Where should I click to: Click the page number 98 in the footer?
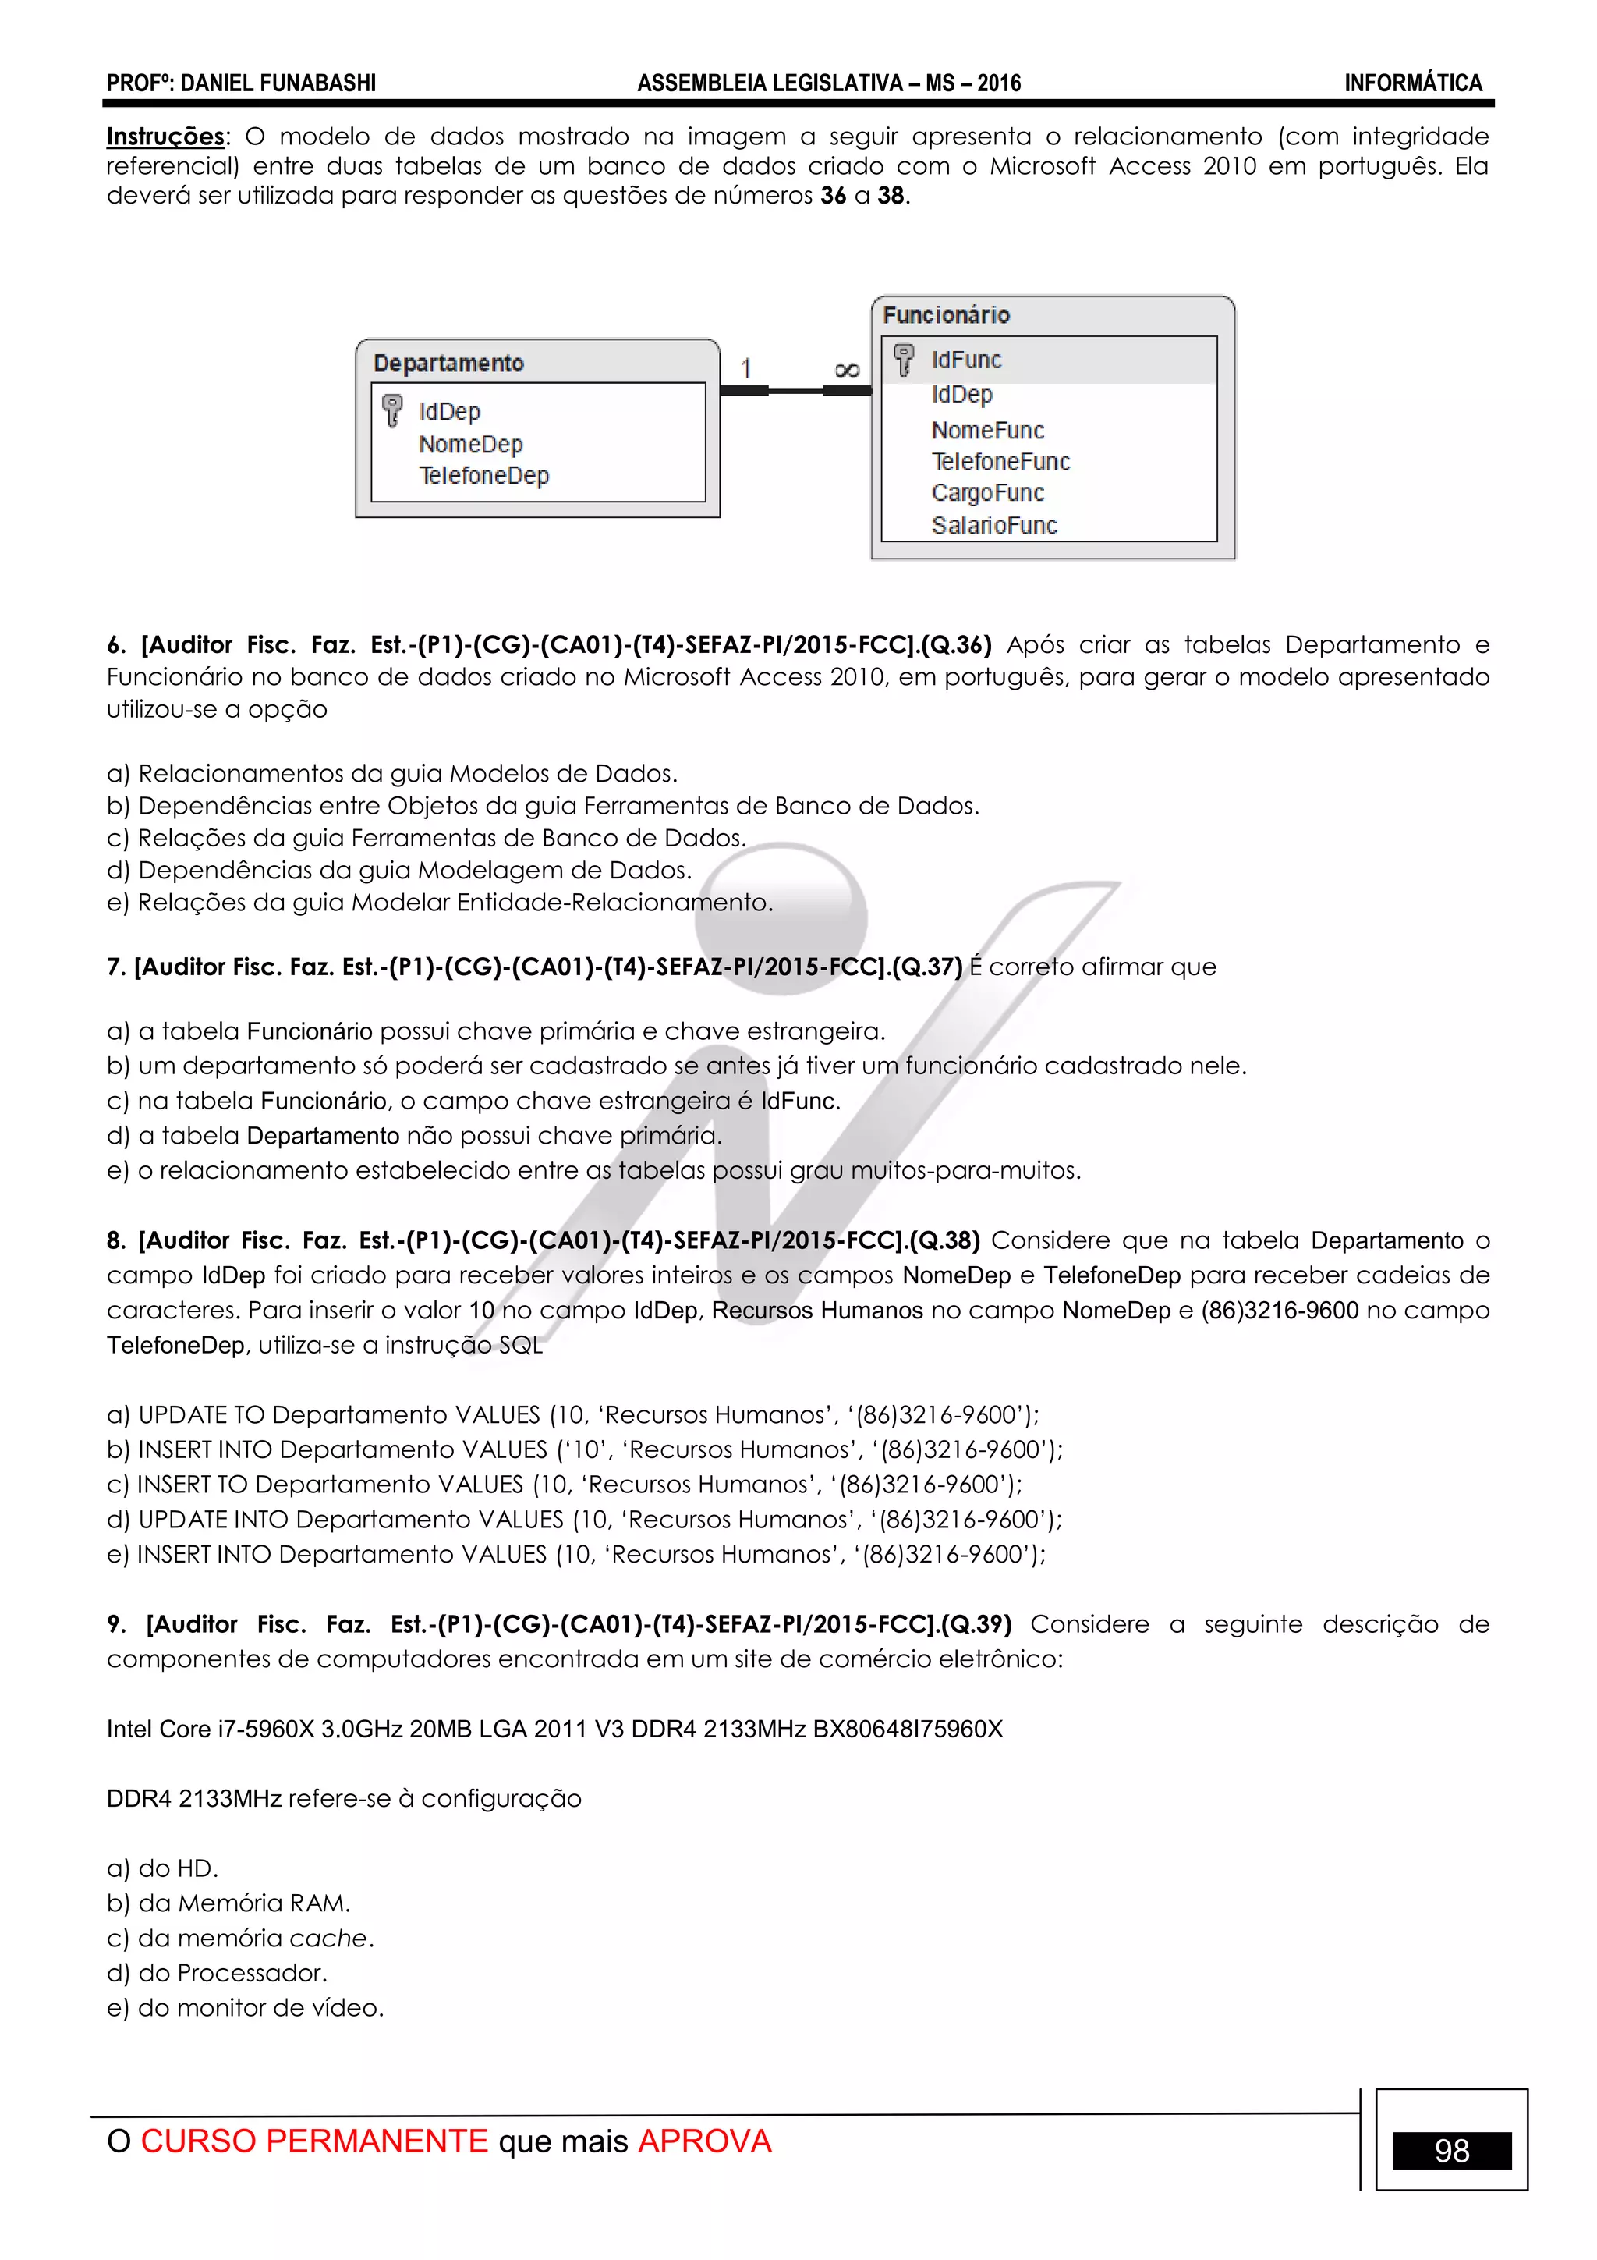click(x=1451, y=2151)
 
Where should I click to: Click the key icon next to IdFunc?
click(x=903, y=360)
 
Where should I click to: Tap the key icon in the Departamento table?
click(x=391, y=410)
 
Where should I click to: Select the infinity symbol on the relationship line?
click(x=846, y=370)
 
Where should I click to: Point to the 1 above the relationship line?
click(x=745, y=368)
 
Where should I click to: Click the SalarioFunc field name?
click(x=993, y=526)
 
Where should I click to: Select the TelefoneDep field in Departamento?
click(x=483, y=475)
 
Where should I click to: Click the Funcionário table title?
click(x=946, y=315)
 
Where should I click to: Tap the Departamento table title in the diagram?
click(x=448, y=364)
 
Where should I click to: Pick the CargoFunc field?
click(x=987, y=493)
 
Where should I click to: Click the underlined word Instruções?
click(x=165, y=136)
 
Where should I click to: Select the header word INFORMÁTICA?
click(x=1412, y=83)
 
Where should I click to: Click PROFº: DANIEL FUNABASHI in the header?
click(x=241, y=83)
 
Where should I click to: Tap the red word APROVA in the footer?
click(x=704, y=2141)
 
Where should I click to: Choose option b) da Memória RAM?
click(x=228, y=1903)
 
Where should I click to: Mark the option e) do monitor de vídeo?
click(x=245, y=2007)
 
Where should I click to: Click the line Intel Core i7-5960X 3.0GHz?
click(x=554, y=1729)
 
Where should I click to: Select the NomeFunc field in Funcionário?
click(x=987, y=430)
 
